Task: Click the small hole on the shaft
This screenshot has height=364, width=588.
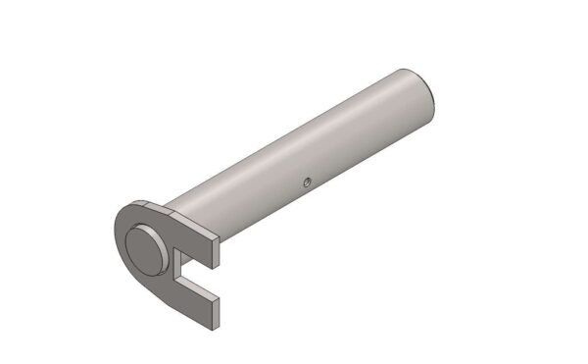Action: [306, 181]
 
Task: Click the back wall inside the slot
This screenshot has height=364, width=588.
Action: [177, 267]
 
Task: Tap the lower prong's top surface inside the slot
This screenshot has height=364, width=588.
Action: [196, 287]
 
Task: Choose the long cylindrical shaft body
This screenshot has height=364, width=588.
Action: [294, 147]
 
